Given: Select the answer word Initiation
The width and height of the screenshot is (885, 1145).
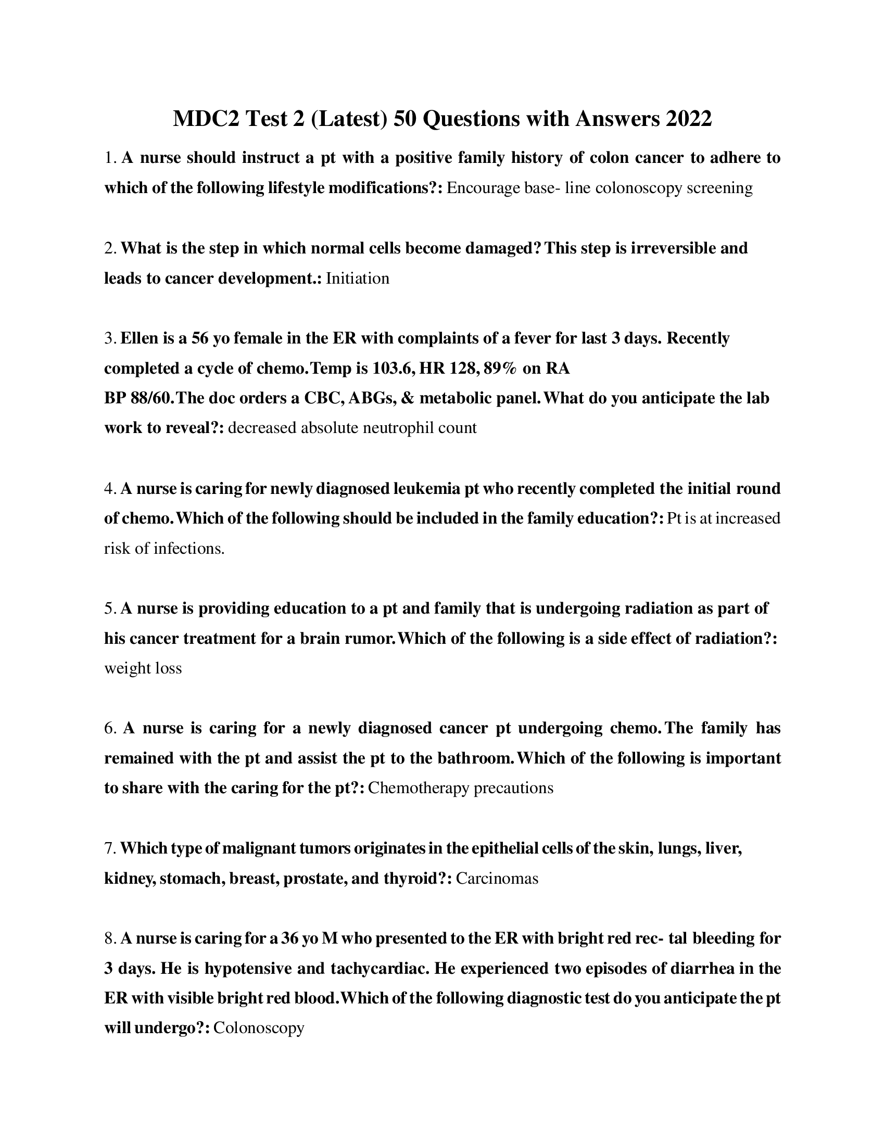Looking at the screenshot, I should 358,278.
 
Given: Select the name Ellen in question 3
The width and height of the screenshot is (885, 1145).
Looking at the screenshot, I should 139,339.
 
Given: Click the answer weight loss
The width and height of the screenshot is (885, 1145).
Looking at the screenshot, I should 143,668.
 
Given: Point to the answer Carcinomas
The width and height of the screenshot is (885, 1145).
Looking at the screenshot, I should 497,879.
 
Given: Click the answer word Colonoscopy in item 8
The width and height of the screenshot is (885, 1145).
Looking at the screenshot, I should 259,1028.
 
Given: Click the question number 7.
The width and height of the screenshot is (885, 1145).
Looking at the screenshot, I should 109,849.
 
